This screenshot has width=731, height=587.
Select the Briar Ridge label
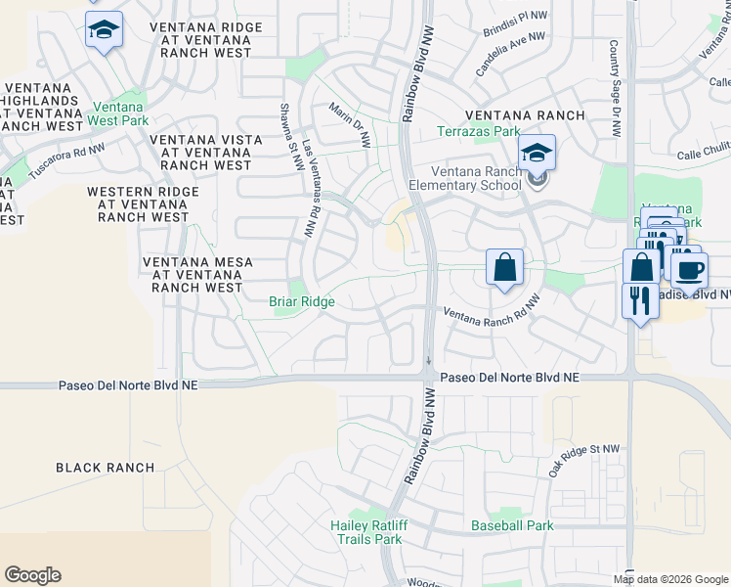[302, 302]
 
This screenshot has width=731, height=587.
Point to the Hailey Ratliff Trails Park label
[366, 532]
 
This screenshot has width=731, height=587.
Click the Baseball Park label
[512, 525]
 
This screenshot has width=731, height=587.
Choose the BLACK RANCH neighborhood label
[105, 468]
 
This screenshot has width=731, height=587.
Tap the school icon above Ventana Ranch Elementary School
[537, 154]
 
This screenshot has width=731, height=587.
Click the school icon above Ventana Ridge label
[103, 29]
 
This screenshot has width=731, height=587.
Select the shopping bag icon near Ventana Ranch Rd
[504, 267]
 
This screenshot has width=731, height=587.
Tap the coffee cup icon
[690, 269]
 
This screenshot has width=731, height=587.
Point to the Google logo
[32, 575]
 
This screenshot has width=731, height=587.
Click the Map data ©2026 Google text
[671, 578]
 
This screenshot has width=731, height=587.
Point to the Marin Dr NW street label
[350, 125]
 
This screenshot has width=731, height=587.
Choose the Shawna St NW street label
[289, 137]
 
